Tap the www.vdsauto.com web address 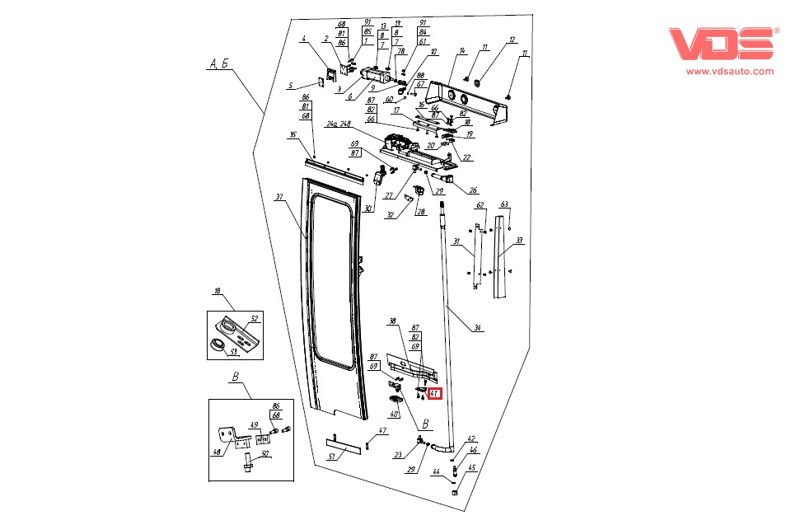pyautogui.click(x=730, y=72)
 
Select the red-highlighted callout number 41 pyautogui.click(x=435, y=393)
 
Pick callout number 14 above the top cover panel pyautogui.click(x=463, y=52)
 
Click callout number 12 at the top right pyautogui.click(x=512, y=40)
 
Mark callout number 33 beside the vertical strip pyautogui.click(x=519, y=241)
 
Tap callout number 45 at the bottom pyautogui.click(x=472, y=468)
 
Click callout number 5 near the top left pyautogui.click(x=290, y=85)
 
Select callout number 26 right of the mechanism pyautogui.click(x=473, y=190)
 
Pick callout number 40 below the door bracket pyautogui.click(x=394, y=414)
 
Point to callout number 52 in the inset pyautogui.click(x=255, y=318)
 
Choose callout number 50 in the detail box pyautogui.click(x=264, y=452)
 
